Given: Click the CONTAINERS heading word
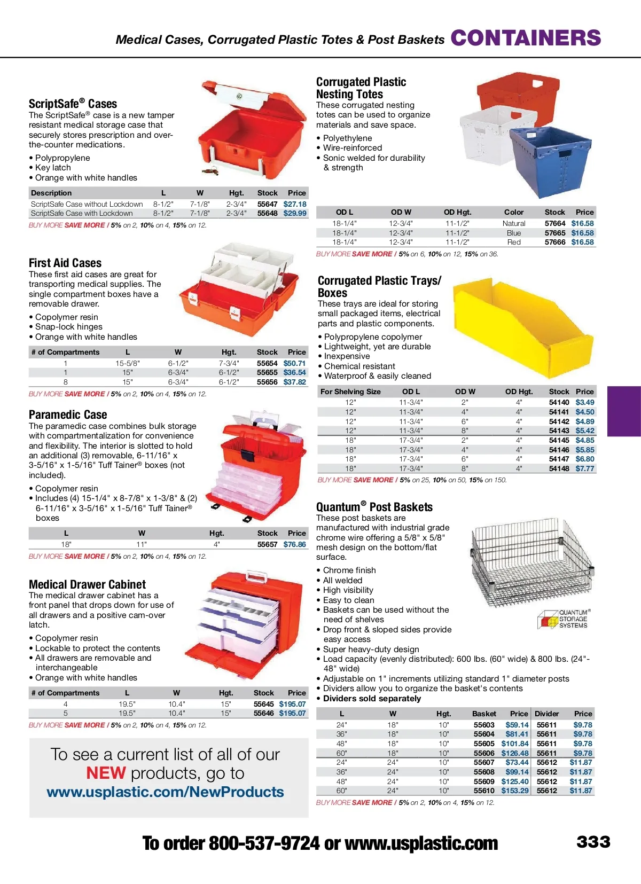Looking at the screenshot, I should pos(526,38).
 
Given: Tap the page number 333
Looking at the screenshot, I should pos(593,842).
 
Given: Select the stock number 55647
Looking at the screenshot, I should pos(267,204).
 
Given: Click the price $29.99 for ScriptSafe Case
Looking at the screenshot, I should pos(295,213).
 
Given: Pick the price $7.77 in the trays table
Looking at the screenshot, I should pos(584,468).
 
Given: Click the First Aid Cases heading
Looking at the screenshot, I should pos(65,263).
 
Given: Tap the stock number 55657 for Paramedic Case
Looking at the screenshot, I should pos(267,544).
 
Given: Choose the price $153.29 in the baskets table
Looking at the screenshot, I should pos(514,791).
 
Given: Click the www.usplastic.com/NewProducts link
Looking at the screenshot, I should pos(165,792).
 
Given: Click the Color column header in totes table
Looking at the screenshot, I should pos(513,212).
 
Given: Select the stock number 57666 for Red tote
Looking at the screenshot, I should pos(554,242).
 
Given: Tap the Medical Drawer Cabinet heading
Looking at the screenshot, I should pos(87,584).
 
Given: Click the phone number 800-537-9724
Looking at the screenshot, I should pos(264,843).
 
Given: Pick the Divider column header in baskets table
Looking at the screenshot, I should pos(546,714).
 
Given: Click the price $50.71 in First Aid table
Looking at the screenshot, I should pos(294,363).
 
